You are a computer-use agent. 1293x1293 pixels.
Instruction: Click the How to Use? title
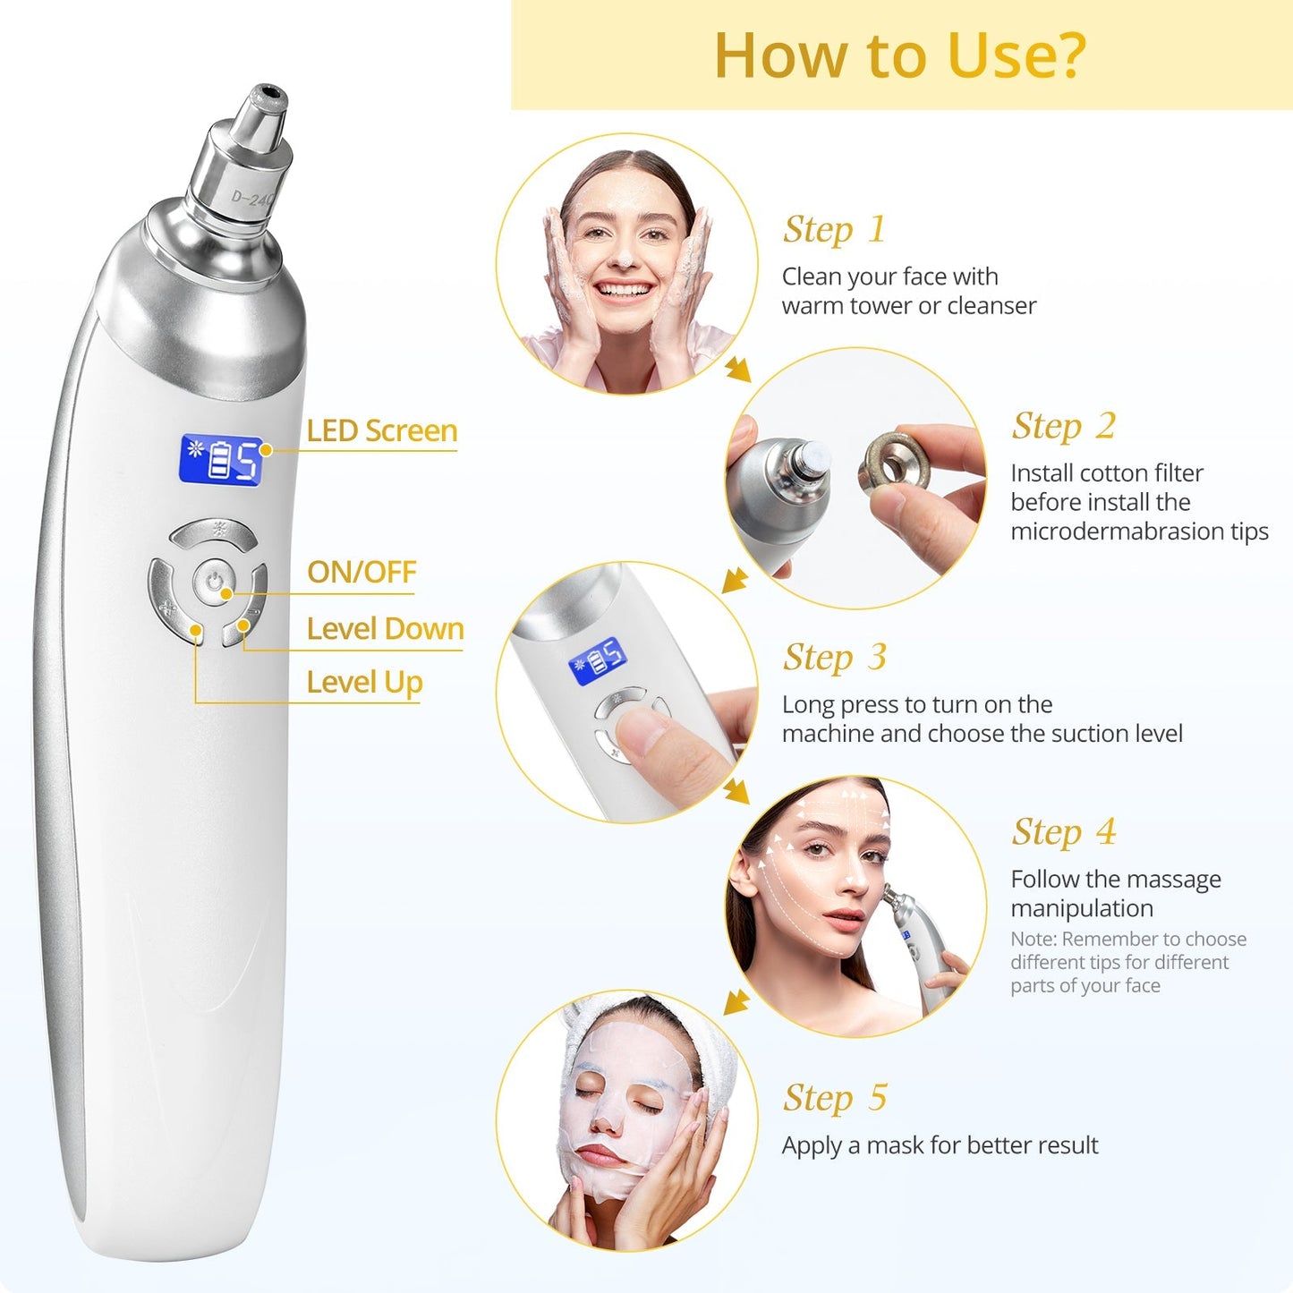click(899, 55)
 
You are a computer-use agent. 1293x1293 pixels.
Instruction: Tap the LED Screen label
click(382, 430)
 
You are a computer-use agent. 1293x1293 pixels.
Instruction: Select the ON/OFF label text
click(362, 572)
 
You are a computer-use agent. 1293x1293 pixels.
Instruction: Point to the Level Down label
click(385, 629)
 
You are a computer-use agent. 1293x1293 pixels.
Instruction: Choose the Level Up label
click(364, 683)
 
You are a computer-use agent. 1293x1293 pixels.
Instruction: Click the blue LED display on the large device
click(221, 461)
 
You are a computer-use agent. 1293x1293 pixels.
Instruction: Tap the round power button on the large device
click(213, 583)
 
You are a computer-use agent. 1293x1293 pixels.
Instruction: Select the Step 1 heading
click(834, 230)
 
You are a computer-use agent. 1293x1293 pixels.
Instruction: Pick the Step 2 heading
click(1063, 427)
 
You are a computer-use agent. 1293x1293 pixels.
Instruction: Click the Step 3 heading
click(834, 658)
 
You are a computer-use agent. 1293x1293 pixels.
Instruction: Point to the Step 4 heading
click(1063, 832)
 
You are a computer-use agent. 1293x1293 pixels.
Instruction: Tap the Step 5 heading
click(834, 1098)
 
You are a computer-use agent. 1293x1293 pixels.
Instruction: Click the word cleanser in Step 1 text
click(991, 306)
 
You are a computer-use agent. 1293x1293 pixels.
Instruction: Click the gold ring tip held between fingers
click(895, 463)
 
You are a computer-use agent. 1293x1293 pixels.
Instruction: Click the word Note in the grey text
click(1033, 940)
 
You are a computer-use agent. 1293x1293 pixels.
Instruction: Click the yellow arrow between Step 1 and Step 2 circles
click(738, 369)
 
